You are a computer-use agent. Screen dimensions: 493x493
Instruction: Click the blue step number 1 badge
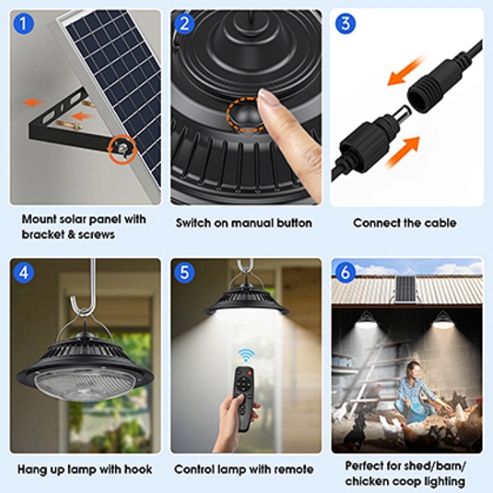[x=23, y=24]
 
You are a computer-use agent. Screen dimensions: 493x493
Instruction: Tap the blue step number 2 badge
[x=184, y=24]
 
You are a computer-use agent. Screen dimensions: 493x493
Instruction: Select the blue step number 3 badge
[x=345, y=24]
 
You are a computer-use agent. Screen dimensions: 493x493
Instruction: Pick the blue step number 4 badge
[x=24, y=273]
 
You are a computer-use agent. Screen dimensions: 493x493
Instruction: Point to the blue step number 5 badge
[x=184, y=273]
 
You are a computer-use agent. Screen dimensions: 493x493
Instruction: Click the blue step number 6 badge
[x=345, y=273]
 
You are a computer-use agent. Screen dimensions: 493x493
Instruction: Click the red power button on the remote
[x=249, y=373]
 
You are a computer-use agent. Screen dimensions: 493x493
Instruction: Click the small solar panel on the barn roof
[x=406, y=289]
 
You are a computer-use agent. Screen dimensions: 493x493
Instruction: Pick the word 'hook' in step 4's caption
[x=138, y=469]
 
